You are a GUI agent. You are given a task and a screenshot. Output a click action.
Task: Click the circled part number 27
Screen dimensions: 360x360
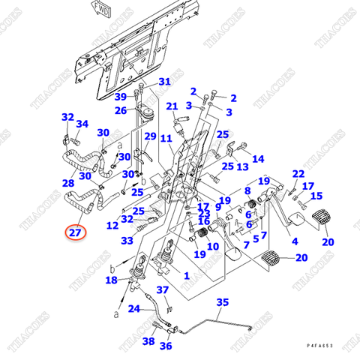(x=75, y=233)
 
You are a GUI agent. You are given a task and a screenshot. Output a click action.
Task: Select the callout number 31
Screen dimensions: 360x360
(x=164, y=82)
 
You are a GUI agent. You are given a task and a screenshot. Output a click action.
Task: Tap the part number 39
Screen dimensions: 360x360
(x=120, y=97)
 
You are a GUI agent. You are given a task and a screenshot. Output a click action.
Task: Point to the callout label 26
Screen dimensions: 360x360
(x=121, y=111)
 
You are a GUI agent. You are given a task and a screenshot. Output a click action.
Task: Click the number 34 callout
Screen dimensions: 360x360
(x=82, y=124)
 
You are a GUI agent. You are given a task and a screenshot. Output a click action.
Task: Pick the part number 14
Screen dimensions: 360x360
(x=258, y=159)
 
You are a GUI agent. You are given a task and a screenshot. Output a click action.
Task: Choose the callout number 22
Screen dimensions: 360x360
(x=298, y=174)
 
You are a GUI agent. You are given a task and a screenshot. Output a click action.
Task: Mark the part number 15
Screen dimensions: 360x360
(x=316, y=196)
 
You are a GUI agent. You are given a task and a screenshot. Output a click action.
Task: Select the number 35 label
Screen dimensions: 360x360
(x=222, y=302)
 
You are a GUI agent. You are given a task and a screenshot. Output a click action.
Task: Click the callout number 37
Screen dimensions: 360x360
(x=163, y=290)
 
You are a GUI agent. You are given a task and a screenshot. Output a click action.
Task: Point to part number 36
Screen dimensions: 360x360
(x=166, y=346)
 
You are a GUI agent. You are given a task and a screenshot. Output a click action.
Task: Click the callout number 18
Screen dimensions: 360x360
(x=112, y=280)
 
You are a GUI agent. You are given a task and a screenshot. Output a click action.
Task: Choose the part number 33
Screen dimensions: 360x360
(x=127, y=241)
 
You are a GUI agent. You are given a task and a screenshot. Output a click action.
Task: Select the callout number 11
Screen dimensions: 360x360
(x=166, y=139)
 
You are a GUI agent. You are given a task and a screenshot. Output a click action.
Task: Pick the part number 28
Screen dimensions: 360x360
(x=67, y=183)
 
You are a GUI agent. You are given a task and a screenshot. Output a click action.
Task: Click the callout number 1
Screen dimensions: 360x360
(x=187, y=276)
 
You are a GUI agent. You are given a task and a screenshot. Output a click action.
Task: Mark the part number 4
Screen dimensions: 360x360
(x=294, y=241)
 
